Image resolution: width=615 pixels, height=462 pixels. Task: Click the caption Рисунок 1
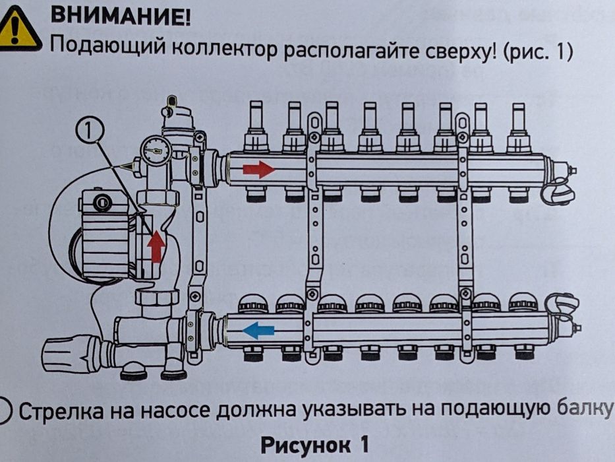pyautogui.click(x=314, y=444)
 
